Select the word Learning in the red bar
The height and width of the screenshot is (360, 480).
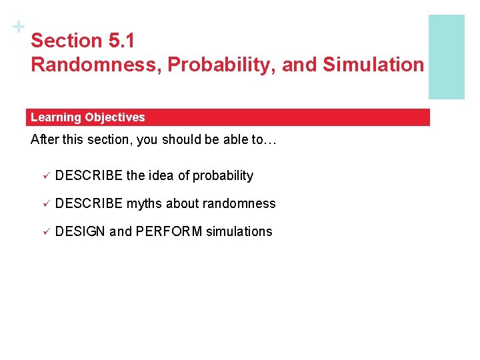[55, 117]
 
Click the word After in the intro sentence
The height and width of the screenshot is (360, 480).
[44, 141]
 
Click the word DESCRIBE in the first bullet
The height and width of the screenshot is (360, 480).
[89, 176]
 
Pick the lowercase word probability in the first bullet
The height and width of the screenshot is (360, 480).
[223, 176]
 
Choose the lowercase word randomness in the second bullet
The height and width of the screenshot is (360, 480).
[243, 204]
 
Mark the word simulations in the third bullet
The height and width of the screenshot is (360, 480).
[239, 232]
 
